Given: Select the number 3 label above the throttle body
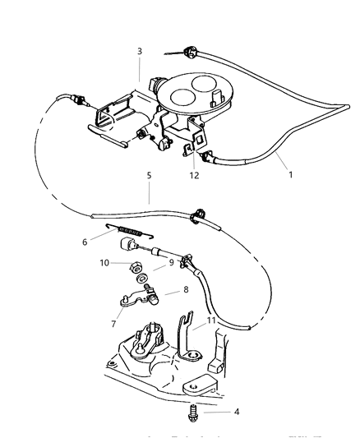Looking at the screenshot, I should [140, 52].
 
